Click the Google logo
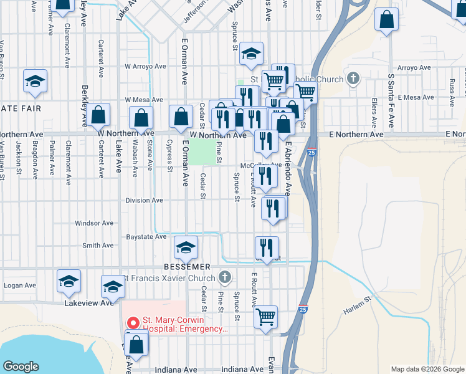pos(21,367)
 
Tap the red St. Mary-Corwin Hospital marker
pos(132,322)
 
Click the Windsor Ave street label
pos(94,223)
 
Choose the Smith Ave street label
pos(98,246)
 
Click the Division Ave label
pos(144,200)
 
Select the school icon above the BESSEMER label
pos(185,247)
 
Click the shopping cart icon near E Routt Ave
pos(265,316)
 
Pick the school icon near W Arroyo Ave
pos(251,54)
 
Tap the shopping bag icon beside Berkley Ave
pos(98,114)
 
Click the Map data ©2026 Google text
pos(427,369)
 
